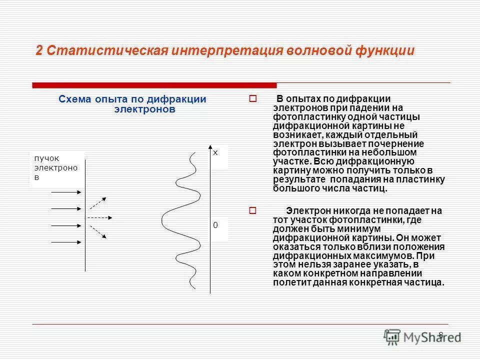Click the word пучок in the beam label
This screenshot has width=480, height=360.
coord(46,158)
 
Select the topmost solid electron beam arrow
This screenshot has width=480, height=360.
coord(67,191)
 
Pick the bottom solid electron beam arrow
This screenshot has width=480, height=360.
coord(67,242)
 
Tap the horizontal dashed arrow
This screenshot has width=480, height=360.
coord(100,217)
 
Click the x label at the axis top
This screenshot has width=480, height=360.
coord(215,152)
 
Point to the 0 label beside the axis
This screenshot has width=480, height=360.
coord(215,225)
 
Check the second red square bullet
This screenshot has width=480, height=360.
coord(252,211)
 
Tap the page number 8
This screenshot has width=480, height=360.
coord(440,335)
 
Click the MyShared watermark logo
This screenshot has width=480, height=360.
coord(422,337)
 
